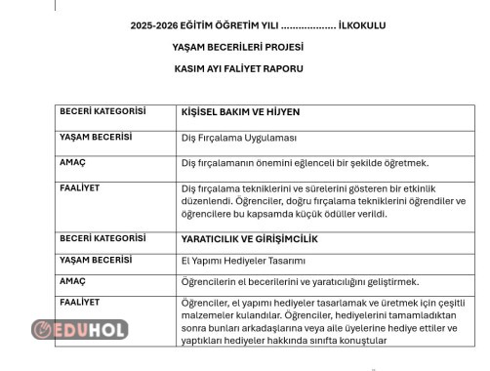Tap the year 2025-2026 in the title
[x=156, y=25]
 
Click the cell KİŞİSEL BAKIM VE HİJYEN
[x=239, y=112]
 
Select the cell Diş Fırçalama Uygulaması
[x=238, y=138]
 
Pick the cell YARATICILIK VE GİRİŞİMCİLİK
[x=250, y=238]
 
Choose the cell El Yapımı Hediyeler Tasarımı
[x=243, y=260]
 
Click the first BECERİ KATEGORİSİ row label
[x=102, y=111]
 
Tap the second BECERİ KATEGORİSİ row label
[x=102, y=237]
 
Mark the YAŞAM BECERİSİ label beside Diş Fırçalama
[x=95, y=137]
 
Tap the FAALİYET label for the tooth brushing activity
[x=80, y=185]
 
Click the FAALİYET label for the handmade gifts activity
[x=80, y=302]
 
